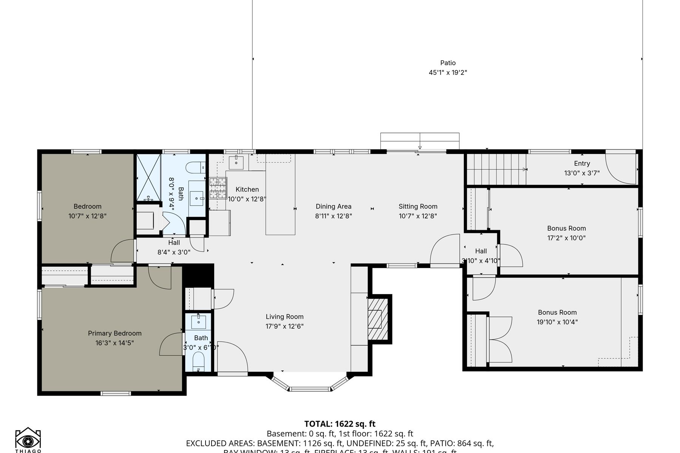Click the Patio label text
(x=448, y=63)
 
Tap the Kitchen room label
(x=247, y=190)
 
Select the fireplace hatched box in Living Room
(x=378, y=319)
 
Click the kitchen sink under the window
(x=236, y=162)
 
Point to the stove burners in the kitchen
(x=218, y=188)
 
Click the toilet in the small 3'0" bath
(x=198, y=362)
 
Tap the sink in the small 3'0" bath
(x=199, y=321)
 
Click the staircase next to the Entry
(x=496, y=169)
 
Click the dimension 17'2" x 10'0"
(x=566, y=238)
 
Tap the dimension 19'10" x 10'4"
(x=557, y=322)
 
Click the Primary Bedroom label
(x=115, y=333)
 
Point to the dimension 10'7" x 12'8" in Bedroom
(x=87, y=216)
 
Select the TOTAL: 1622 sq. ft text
(x=340, y=424)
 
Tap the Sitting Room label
(x=418, y=206)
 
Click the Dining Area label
(x=334, y=206)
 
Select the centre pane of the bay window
(x=310, y=389)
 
